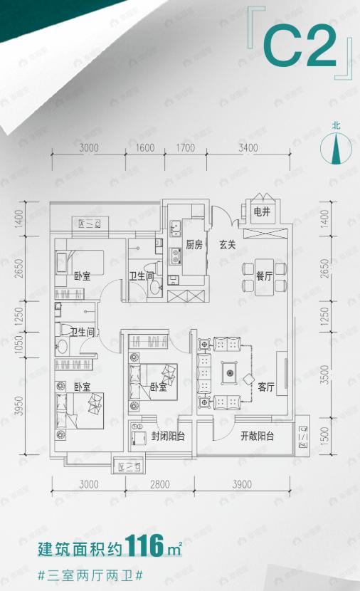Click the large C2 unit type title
299,47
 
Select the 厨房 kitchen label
195,244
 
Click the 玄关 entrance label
227,244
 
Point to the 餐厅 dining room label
264,278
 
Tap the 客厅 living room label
266,387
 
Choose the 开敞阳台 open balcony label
257,436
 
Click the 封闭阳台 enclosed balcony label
168,436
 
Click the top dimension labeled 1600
145,148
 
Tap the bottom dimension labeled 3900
242,485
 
